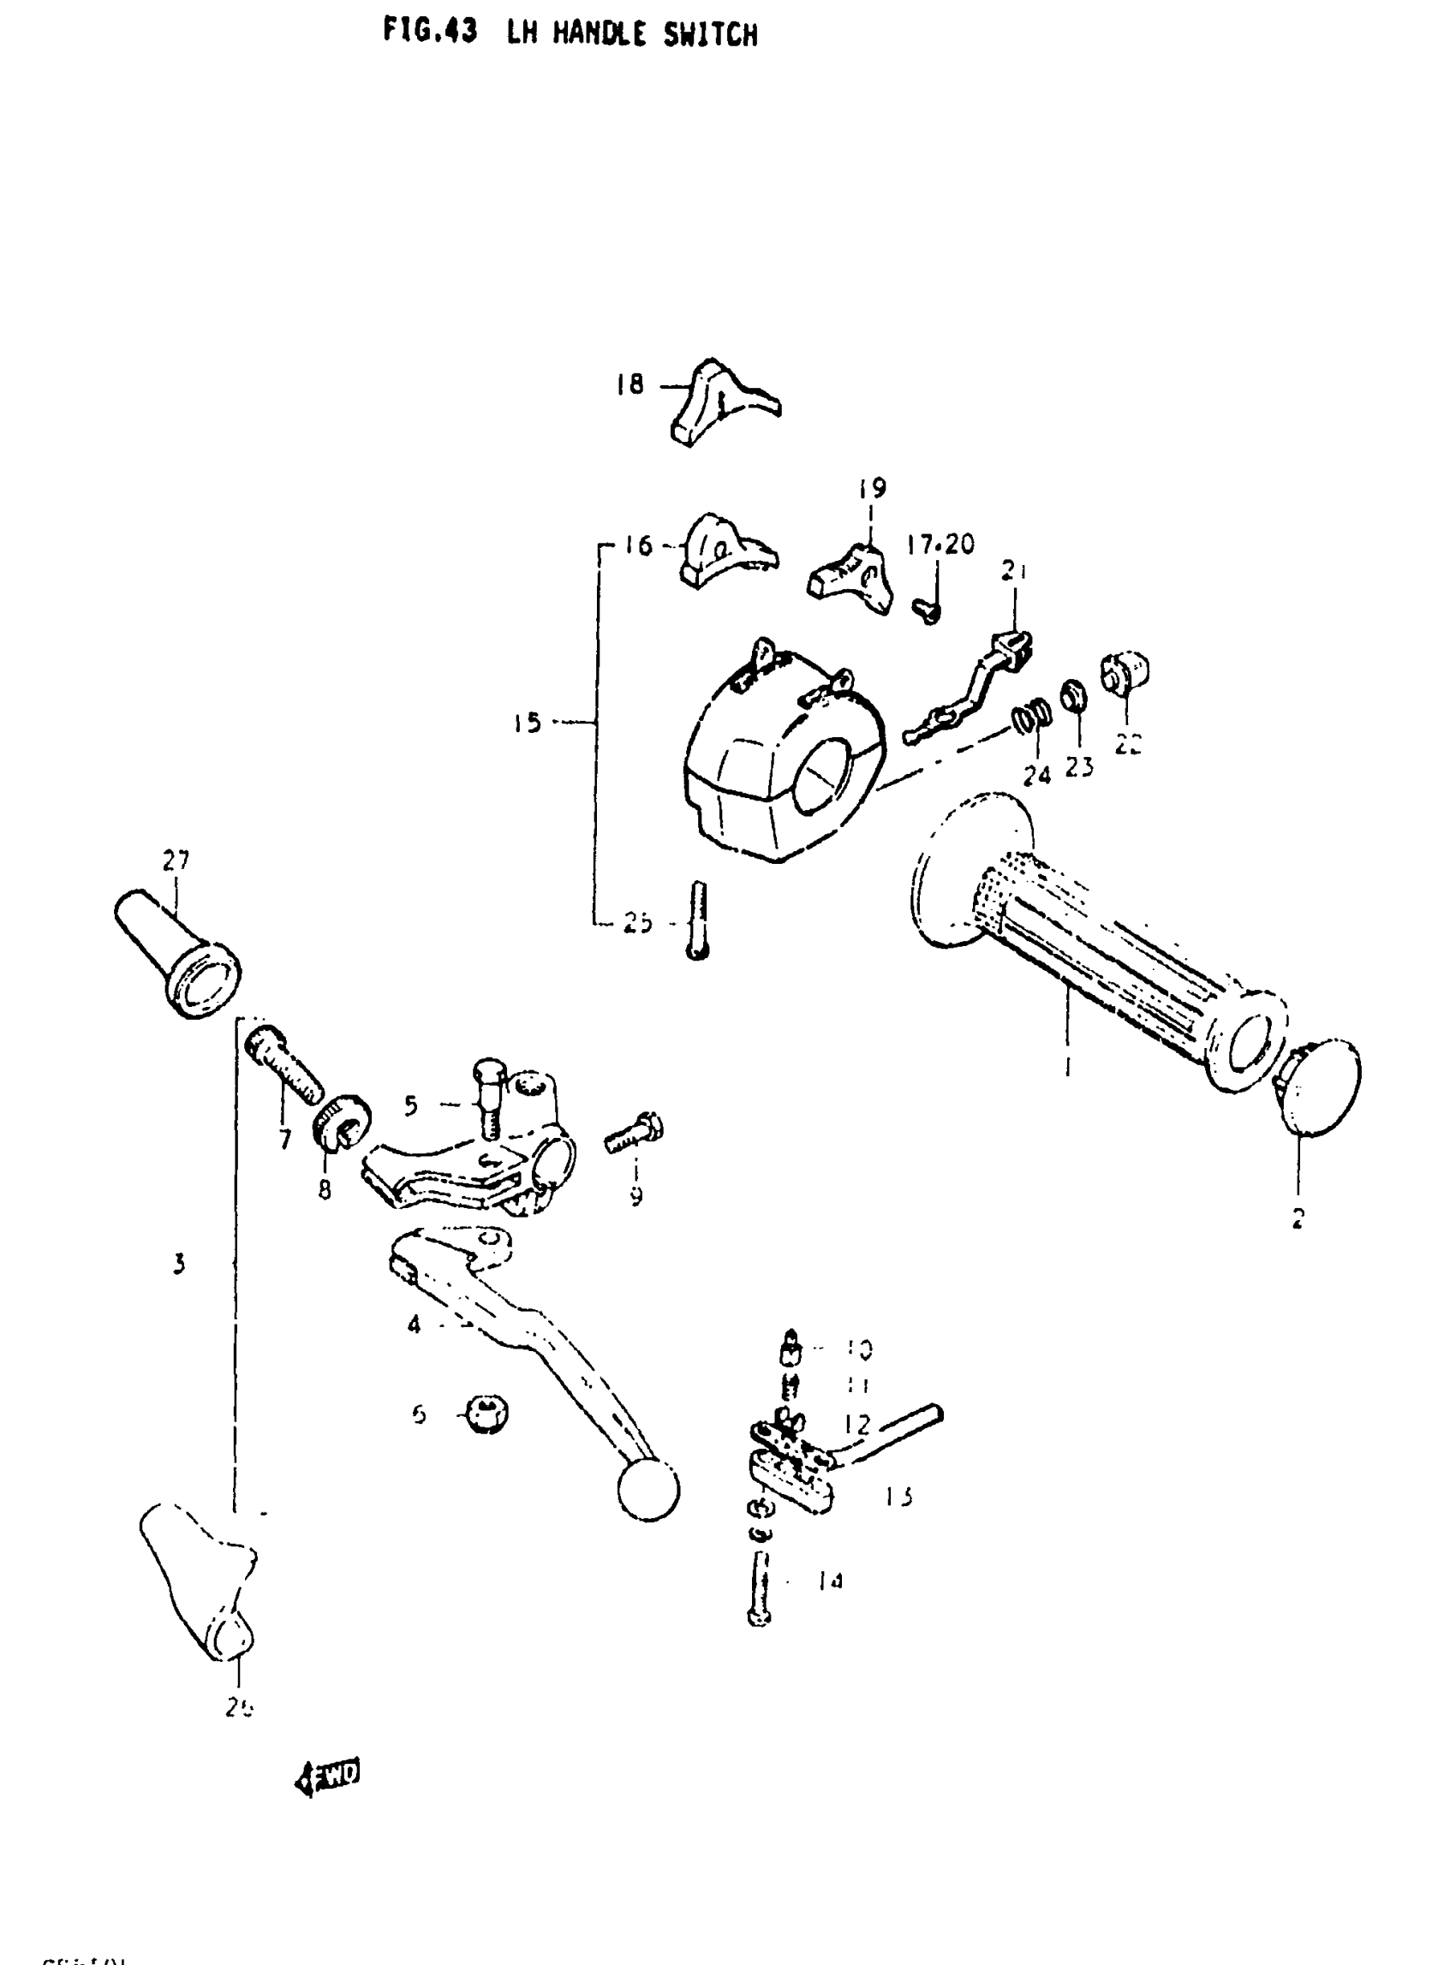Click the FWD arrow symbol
click(x=328, y=1776)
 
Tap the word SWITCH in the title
click(x=708, y=34)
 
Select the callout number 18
click(x=630, y=384)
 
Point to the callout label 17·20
click(x=940, y=545)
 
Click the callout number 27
click(x=176, y=859)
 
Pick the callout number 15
click(x=527, y=723)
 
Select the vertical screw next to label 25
click(x=698, y=920)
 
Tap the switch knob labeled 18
click(x=723, y=401)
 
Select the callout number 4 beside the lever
click(x=414, y=1324)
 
